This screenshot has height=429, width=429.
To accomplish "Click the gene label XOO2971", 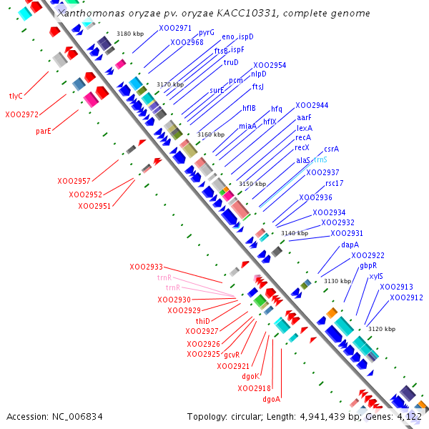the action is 175,28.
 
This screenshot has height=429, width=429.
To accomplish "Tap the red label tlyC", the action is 16,95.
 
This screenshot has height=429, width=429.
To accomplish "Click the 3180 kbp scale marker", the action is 129,34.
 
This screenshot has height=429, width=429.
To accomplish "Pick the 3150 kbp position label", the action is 252,184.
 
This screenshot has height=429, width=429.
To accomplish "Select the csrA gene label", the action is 331,149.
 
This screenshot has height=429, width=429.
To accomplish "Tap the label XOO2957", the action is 74,181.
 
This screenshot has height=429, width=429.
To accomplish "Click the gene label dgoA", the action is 271,399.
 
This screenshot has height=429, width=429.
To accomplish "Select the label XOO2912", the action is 406,297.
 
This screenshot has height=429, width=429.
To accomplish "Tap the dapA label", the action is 350,245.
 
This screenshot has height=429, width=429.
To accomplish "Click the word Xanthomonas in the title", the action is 90,14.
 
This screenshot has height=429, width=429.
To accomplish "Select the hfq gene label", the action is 276,109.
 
